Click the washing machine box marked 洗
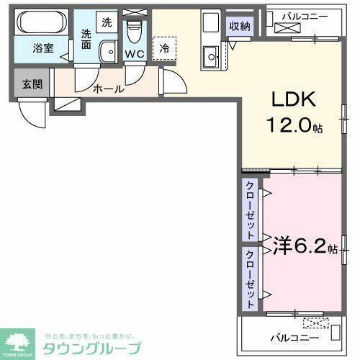(107, 22)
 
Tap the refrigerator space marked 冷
(165, 48)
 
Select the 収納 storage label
(240, 26)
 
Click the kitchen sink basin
(211, 53)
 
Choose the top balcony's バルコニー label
(305, 14)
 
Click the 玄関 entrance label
(32, 84)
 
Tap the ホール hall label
(109, 89)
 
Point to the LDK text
(294, 101)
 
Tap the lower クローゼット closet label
(250, 277)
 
